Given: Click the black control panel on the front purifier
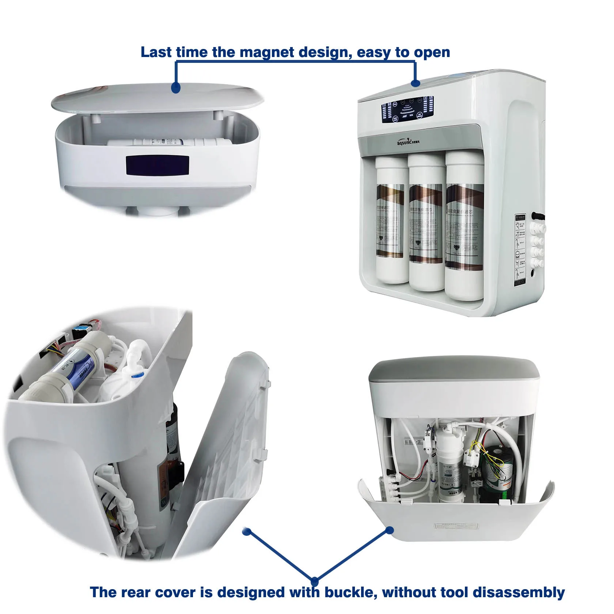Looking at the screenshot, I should (x=407, y=109).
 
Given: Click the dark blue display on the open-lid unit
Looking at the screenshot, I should (x=158, y=165).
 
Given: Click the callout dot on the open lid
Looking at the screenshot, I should (x=176, y=88).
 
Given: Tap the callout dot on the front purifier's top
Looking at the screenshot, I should (x=415, y=83).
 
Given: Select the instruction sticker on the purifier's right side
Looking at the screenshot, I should (x=520, y=249).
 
